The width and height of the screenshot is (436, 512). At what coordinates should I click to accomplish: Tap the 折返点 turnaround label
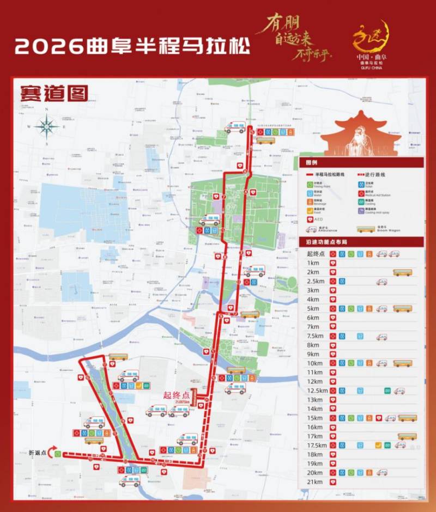point(39,453)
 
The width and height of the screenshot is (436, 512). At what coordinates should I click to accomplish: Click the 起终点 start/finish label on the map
point(178,396)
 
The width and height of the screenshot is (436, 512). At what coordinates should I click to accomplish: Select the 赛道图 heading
point(53,93)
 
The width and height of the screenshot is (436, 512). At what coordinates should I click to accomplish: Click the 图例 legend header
point(311,163)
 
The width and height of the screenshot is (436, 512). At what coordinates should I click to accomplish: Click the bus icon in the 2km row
point(402,272)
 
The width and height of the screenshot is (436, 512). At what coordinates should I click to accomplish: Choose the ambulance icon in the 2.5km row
point(381,282)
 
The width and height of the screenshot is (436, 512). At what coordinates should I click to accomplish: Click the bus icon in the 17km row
point(407,436)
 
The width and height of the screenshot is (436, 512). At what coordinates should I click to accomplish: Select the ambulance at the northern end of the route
point(235,127)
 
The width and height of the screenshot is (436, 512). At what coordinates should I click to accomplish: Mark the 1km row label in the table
point(313,263)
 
